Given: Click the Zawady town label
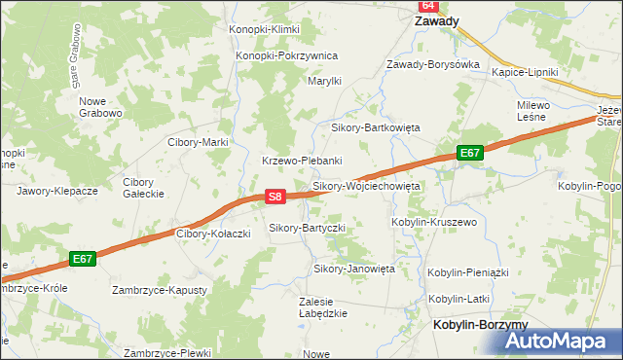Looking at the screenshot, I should [437, 20].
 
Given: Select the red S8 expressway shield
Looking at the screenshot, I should [275, 197].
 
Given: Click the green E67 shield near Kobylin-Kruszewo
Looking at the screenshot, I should [470, 153].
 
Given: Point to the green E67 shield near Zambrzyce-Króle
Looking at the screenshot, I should [83, 259].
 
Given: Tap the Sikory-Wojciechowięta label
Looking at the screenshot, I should [365, 185].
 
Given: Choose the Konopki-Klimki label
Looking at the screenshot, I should [264, 30].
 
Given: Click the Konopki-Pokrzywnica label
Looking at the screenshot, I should [286, 55].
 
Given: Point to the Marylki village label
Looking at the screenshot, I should [324, 82].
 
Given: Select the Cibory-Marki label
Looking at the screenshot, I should [198, 142].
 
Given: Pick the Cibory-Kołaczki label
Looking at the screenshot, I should [214, 234].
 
